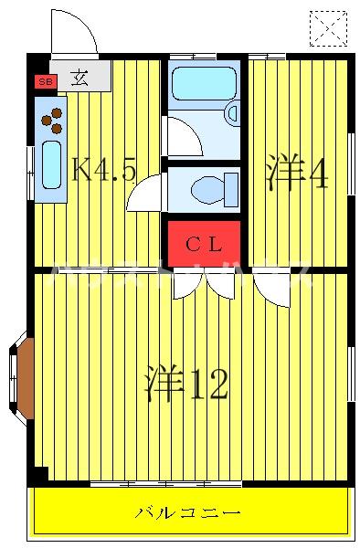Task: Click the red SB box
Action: tap(43, 82)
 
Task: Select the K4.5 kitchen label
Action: tap(103, 169)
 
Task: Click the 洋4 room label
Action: tap(296, 174)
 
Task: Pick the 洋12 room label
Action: tap(185, 385)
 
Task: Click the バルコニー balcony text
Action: tap(189, 512)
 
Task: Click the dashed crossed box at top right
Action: tap(329, 28)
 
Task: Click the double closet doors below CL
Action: tap(204, 284)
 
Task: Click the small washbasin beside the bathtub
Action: tap(230, 113)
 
